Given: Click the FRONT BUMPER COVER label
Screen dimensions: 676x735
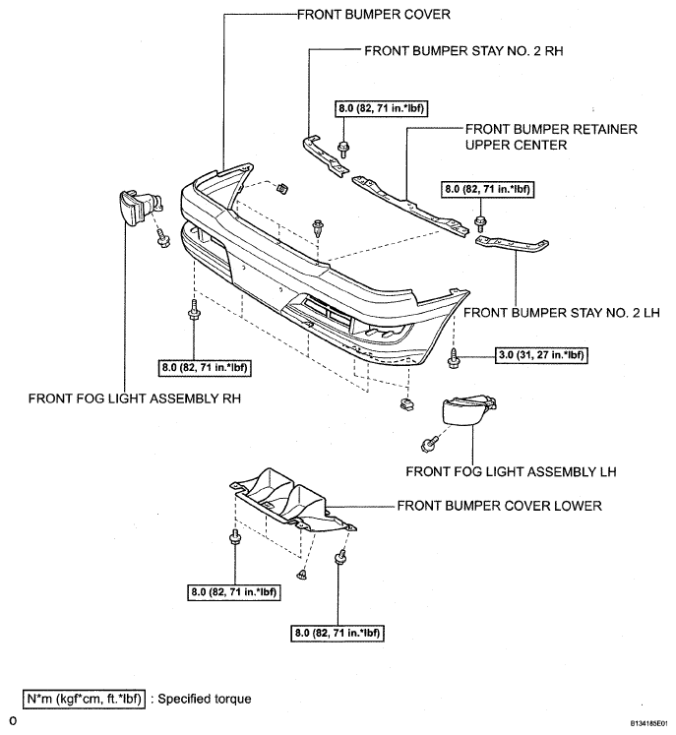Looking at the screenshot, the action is (x=374, y=15).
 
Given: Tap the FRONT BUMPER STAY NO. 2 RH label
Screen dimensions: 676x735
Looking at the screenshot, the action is (x=463, y=50).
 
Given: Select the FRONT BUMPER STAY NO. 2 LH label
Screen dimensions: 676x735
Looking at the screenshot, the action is (x=562, y=312).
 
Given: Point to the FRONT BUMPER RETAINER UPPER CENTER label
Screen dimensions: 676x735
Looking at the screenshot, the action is (x=551, y=137).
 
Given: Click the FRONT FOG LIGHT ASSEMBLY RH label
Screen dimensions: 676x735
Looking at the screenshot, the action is (x=135, y=398).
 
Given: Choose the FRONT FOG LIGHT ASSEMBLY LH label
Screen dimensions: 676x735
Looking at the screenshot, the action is (x=511, y=471).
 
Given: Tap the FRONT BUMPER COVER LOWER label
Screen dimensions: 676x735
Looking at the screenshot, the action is (x=499, y=506).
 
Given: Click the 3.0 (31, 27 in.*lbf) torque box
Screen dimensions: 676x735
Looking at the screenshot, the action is (x=541, y=355).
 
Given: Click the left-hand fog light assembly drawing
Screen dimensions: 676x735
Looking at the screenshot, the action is (x=468, y=409).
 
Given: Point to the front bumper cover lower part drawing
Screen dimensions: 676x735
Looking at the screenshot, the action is (x=293, y=500).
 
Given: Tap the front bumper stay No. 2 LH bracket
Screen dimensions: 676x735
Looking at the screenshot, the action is (x=512, y=244).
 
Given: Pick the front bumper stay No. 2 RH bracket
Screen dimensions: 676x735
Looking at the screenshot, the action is (x=325, y=156).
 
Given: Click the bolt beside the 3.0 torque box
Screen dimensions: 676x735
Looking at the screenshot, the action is (x=454, y=358).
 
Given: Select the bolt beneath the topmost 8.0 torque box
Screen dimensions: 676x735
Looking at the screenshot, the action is (x=343, y=149).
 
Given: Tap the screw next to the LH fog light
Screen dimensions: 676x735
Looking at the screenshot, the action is (x=429, y=444).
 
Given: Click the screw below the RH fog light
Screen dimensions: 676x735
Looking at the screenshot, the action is (x=163, y=239).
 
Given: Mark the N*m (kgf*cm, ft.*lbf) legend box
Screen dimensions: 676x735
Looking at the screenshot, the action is (x=85, y=699).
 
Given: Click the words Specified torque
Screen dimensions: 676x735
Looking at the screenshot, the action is (x=205, y=699).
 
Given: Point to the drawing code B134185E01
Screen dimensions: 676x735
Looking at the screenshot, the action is (x=648, y=723).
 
